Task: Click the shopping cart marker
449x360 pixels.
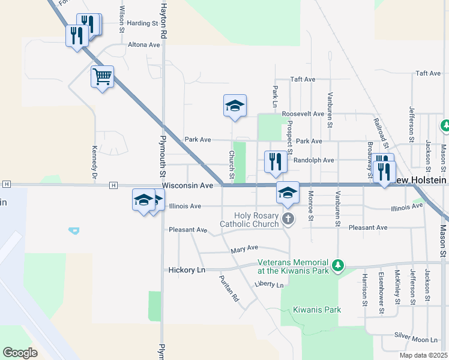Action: click(103, 77)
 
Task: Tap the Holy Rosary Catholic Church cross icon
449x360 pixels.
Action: click(288, 218)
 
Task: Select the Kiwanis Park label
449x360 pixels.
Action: click(317, 310)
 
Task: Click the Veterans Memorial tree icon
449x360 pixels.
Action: click(338, 265)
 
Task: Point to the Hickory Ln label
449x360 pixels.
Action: click(187, 271)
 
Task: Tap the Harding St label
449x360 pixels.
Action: click(142, 23)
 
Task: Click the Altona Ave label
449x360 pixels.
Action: click(144, 44)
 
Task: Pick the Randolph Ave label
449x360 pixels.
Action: click(314, 160)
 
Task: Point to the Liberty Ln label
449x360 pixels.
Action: click(268, 284)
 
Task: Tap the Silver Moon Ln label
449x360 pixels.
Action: click(417, 336)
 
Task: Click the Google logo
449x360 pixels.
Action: click(20, 353)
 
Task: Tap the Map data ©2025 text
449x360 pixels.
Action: click(423, 355)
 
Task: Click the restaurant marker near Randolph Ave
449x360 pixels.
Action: click(275, 162)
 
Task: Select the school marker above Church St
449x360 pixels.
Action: click(235, 106)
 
